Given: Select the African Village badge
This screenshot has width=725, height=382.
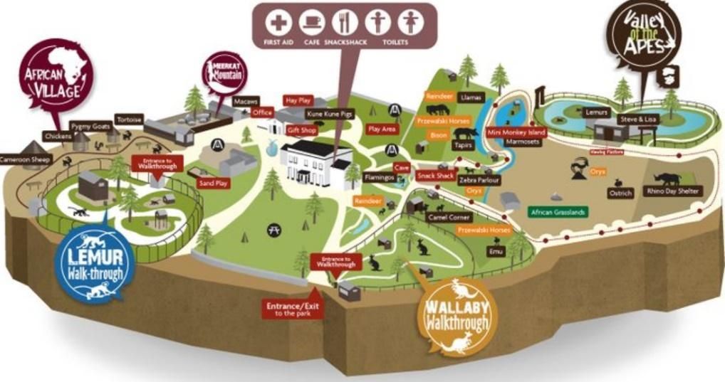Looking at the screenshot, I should (x=56, y=75).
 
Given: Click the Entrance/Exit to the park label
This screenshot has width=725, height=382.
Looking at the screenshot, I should (x=289, y=308).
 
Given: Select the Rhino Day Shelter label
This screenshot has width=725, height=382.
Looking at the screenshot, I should (x=674, y=191).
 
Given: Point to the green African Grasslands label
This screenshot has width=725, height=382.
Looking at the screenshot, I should (x=558, y=211).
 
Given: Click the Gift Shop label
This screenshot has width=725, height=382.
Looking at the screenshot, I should (x=302, y=130).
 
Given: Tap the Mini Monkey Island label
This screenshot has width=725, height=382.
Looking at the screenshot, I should (x=516, y=132).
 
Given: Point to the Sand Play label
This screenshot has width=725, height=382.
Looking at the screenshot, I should (x=213, y=183).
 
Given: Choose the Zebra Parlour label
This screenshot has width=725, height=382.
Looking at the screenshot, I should (x=479, y=181).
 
